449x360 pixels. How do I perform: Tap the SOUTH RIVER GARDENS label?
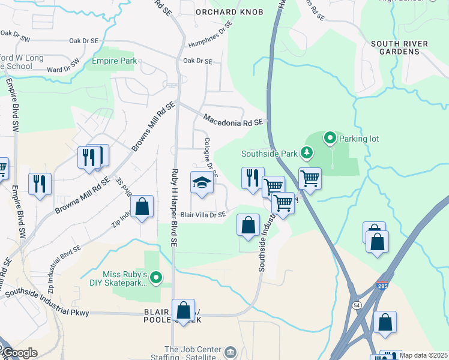tap(394, 47)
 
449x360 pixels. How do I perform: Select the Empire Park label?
tap(114, 61)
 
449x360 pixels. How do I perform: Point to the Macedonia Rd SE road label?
tap(233, 119)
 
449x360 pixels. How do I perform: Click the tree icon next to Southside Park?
tap(307, 153)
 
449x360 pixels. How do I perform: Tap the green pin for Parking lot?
tap(330, 139)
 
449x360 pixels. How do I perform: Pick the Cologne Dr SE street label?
tap(209, 156)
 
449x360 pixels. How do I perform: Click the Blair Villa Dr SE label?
tap(203, 214)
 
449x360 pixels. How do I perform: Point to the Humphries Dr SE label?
tap(209, 34)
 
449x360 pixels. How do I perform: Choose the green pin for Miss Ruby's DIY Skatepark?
tap(156, 277)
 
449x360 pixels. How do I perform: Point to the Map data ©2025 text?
tap(423, 355)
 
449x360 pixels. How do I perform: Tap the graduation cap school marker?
tap(202, 182)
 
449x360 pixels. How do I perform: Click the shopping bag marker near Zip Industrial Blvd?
tap(142, 207)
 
